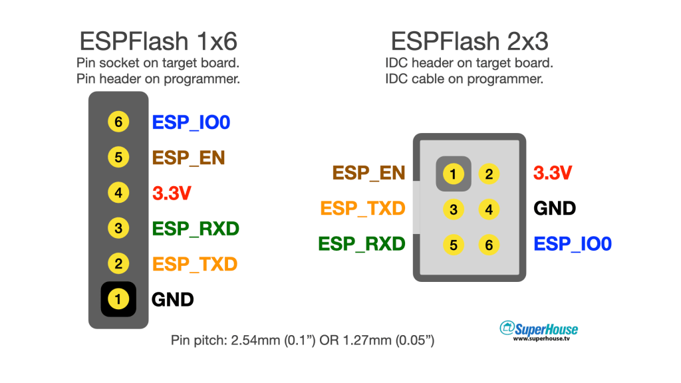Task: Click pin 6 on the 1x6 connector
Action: click(x=118, y=122)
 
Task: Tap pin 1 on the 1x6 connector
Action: click(x=118, y=299)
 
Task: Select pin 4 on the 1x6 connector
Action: click(x=118, y=193)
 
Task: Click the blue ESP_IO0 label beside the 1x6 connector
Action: click(x=192, y=122)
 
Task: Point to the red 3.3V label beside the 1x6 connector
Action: click(x=172, y=193)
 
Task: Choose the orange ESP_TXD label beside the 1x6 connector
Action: click(x=195, y=264)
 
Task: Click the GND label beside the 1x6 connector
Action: click(x=173, y=299)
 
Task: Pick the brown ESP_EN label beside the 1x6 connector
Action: click(x=189, y=158)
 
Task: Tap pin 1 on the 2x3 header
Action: click(x=453, y=174)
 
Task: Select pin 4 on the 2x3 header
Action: click(x=489, y=210)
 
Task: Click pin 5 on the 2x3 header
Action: click(x=453, y=245)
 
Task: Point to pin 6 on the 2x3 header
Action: click(x=489, y=245)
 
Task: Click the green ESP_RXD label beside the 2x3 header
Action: click(x=362, y=244)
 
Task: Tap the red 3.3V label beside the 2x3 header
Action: click(x=553, y=174)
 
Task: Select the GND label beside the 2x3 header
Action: click(x=555, y=209)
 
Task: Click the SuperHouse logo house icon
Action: click(x=508, y=327)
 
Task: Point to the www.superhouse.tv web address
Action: click(x=541, y=339)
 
